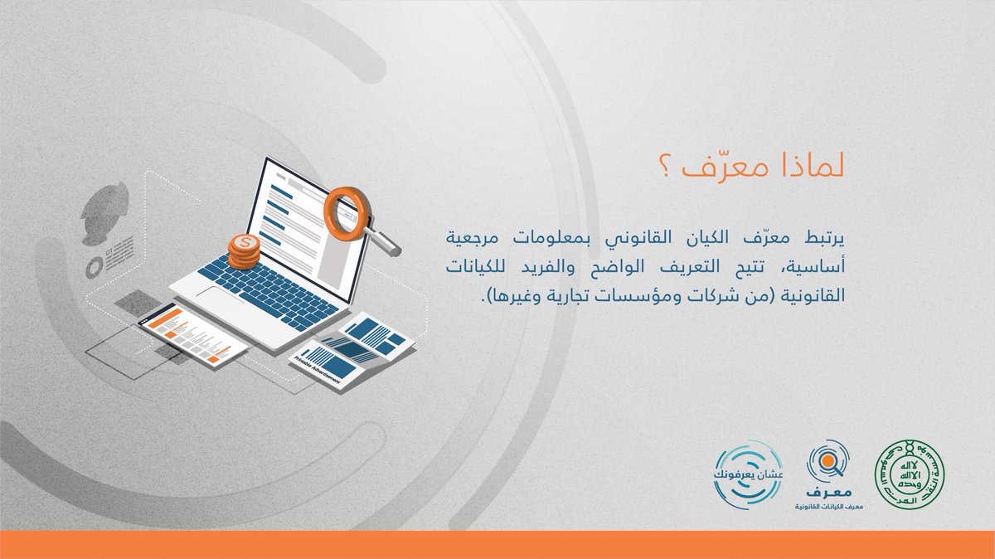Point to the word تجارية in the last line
coord(565,295)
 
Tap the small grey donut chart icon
coord(94,267)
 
